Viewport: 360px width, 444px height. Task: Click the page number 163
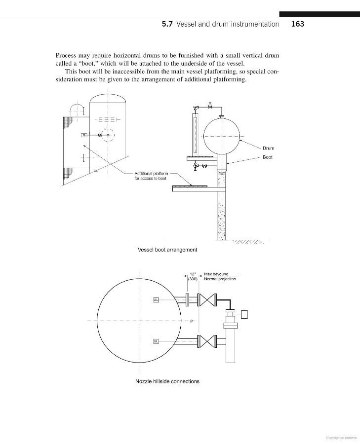297,24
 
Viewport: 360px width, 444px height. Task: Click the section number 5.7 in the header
167,24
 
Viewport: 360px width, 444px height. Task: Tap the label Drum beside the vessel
268,148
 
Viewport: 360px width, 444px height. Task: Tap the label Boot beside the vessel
267,157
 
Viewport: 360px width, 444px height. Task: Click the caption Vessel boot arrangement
167,250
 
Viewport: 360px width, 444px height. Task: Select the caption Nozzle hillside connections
167,381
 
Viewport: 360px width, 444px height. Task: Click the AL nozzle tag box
156,300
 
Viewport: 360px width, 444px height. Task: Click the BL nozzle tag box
156,341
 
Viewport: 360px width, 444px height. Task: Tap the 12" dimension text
193,274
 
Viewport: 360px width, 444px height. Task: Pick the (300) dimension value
193,279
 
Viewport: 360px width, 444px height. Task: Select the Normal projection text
219,279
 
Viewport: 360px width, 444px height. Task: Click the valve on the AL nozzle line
206,300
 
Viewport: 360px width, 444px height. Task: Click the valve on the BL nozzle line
206,341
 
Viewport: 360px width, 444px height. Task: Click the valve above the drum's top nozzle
210,107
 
